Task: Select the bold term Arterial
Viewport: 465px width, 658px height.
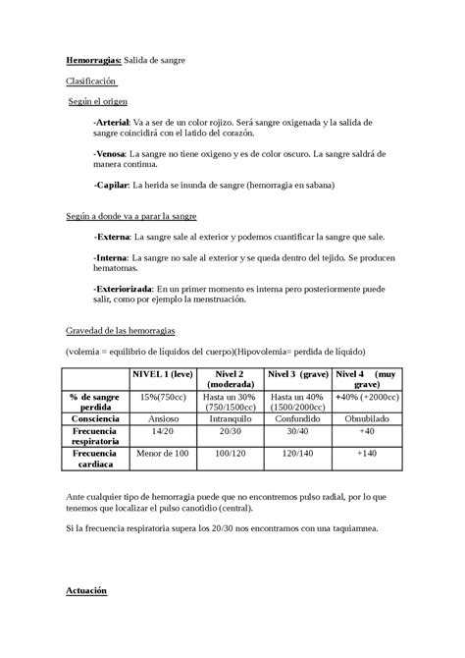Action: coord(112,121)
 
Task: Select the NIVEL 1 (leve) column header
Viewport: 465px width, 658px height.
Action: coord(163,374)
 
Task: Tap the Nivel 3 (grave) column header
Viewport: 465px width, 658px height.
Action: coord(297,374)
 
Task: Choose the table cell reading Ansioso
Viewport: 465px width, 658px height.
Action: coord(163,418)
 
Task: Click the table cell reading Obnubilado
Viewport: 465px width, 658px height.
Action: coord(366,418)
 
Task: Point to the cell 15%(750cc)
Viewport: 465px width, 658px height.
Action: coord(163,396)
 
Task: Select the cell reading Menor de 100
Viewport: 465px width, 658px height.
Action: coord(163,454)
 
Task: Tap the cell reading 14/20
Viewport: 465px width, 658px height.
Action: coord(163,431)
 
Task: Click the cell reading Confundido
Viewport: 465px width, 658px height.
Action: coord(297,418)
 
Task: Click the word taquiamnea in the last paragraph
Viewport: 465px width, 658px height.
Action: coord(350,528)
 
